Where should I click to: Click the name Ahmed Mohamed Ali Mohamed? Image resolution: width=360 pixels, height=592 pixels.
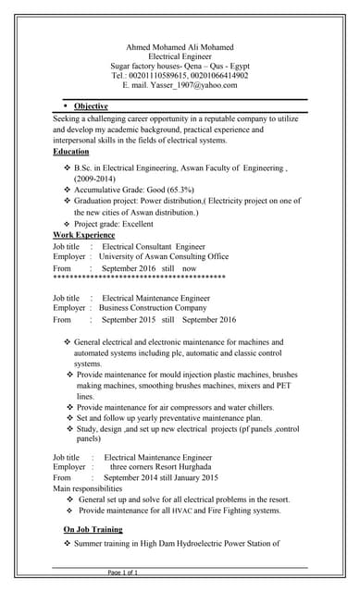tap(180, 47)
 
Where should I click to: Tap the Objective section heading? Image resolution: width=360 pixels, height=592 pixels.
tap(91, 106)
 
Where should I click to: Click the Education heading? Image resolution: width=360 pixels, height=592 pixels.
tap(71, 151)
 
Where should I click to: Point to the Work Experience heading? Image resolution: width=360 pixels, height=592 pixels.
tap(84, 235)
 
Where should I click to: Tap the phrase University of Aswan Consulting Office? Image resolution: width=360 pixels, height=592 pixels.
tap(165, 257)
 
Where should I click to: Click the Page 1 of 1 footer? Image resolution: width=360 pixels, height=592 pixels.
tap(123, 573)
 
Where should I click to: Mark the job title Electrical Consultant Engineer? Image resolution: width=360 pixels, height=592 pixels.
tap(154, 247)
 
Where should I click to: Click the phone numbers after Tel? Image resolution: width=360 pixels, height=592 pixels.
tap(192, 76)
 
